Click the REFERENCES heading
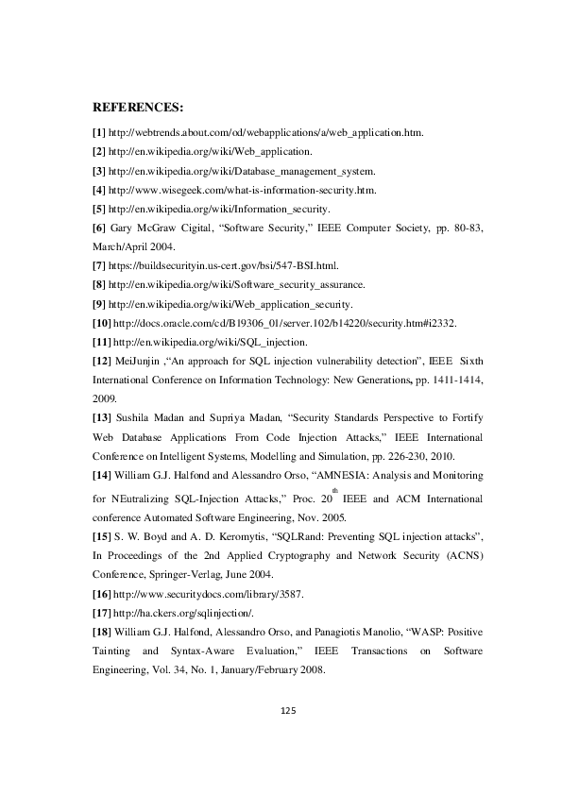tap(138, 109)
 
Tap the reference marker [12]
tap(101, 362)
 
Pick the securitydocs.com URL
tap(207, 595)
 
